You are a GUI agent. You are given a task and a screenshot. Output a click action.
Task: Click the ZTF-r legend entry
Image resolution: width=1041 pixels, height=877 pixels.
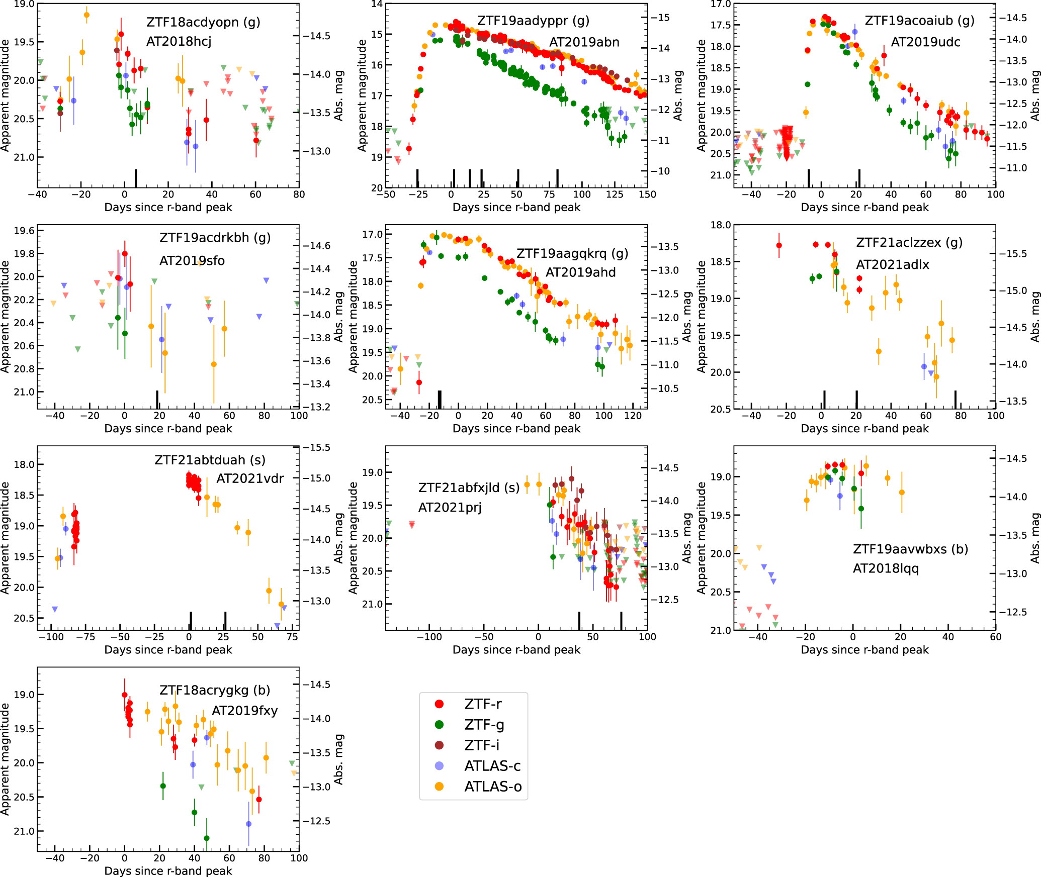coord(482,704)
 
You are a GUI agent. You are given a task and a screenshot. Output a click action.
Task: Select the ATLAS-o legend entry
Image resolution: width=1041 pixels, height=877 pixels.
coord(492,787)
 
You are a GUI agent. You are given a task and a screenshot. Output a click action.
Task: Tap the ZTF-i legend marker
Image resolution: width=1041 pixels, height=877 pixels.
coord(439,745)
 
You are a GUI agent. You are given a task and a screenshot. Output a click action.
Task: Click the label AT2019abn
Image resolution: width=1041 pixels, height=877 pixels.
coord(584,42)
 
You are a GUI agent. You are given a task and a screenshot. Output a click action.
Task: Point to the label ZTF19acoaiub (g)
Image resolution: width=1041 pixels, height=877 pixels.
coord(919,21)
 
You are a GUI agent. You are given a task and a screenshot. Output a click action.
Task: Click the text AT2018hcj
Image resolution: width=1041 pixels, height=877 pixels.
coord(179,41)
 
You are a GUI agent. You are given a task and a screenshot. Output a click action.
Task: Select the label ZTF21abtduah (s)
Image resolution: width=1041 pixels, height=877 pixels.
coord(210,460)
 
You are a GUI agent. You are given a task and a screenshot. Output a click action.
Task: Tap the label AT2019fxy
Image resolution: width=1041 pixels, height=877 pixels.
coord(244,711)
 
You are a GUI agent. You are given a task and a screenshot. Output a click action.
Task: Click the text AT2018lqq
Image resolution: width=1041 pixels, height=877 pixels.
coord(886,568)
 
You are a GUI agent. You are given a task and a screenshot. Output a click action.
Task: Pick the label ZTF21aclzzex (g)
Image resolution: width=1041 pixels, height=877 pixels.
coord(909,242)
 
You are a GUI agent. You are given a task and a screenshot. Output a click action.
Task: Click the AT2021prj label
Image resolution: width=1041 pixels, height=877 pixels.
coord(450,507)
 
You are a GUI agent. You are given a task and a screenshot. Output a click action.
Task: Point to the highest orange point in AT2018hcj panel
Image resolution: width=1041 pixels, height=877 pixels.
coord(86,15)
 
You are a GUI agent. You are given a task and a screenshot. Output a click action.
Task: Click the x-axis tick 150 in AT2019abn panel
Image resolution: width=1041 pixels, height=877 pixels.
coord(647,194)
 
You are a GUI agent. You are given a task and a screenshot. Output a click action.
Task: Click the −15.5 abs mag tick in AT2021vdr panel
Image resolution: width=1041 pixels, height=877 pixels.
coord(319,447)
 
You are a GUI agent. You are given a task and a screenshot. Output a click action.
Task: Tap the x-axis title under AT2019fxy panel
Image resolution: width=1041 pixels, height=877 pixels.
coord(168,870)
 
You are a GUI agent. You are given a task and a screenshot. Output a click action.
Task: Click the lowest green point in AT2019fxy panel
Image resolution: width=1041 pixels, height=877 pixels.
coord(207,838)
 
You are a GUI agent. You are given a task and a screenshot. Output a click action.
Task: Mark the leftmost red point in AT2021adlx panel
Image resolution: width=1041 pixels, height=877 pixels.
coord(779,245)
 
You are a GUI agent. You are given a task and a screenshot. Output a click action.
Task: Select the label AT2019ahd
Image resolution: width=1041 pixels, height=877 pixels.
coord(580,272)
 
